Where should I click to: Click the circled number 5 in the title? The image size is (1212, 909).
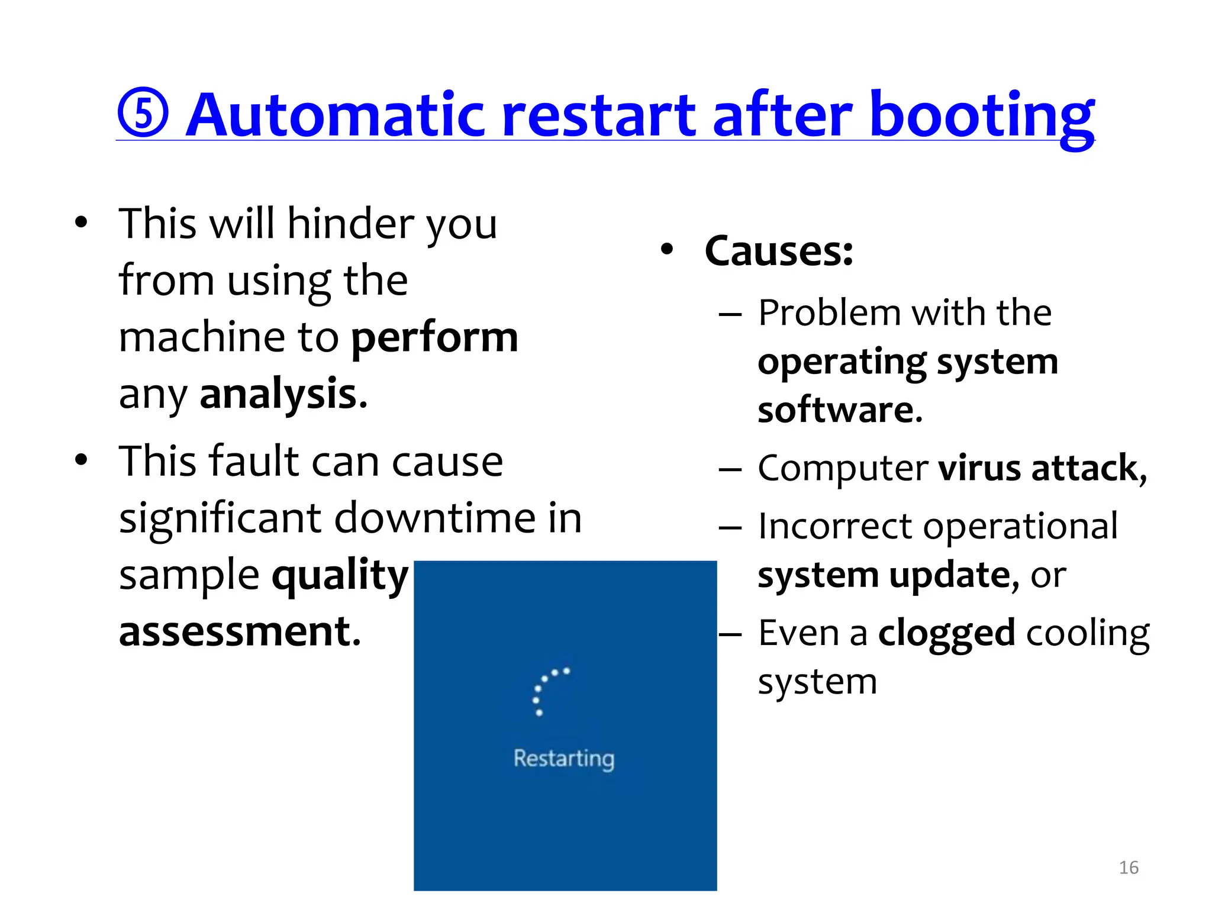point(143,113)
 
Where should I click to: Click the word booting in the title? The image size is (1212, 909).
point(982,115)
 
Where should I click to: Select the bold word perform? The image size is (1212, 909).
point(435,338)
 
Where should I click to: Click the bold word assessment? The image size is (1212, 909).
point(240,631)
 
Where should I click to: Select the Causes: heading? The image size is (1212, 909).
point(779,251)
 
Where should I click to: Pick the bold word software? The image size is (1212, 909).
point(840,410)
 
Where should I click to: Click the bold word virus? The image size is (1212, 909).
point(979,468)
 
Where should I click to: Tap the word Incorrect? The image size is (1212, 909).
point(835,526)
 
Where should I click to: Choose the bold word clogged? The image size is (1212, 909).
point(946,633)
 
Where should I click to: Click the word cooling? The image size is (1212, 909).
point(1088,633)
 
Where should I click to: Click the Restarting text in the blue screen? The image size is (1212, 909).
point(564,759)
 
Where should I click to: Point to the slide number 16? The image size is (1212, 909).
point(1129,868)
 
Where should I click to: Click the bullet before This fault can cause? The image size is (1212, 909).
point(82,460)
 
